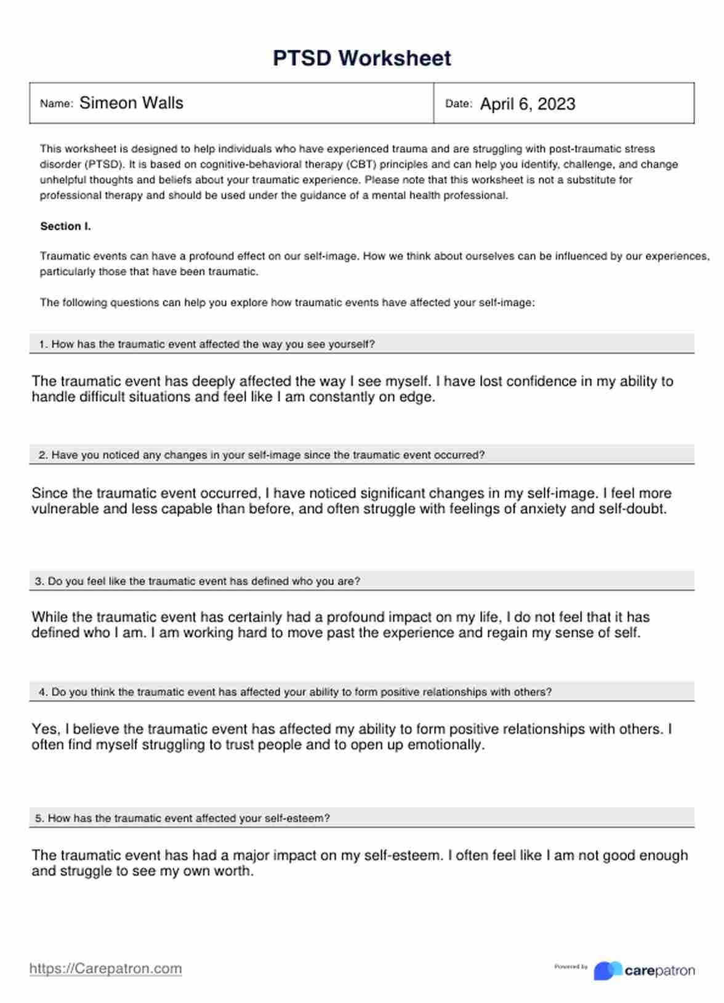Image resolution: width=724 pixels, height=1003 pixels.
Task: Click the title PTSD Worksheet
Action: [361, 58]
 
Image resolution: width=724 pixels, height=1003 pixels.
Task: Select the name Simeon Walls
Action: [131, 103]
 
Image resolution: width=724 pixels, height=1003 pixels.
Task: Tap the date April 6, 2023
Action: [528, 104]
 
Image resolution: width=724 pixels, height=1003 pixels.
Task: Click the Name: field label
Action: [56, 104]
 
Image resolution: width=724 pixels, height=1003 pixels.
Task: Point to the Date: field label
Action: [459, 104]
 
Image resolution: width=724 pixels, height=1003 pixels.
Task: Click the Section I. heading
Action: [65, 226]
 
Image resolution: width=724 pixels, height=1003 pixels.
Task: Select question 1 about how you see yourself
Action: [207, 345]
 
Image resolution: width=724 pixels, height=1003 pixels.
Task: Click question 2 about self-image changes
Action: [262, 455]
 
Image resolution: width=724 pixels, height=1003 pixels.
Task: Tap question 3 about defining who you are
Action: [198, 581]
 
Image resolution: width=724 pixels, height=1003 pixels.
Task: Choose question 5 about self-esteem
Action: [183, 818]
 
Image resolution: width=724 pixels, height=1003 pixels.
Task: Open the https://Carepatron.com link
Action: [106, 969]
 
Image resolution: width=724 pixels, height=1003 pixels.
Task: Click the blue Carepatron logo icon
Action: [607, 970]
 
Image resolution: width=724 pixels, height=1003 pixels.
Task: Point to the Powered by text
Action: [571, 967]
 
